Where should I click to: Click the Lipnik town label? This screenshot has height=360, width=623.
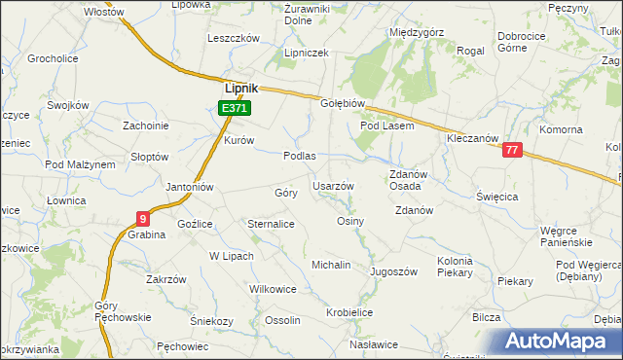tap(241, 86)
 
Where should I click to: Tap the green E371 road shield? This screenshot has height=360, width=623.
tap(237, 108)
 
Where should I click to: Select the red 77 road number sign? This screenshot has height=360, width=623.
tap(513, 151)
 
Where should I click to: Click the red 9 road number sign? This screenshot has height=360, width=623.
tap(143, 218)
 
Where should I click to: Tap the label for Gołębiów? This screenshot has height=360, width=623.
tap(342, 104)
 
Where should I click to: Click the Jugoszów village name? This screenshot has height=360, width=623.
tap(393, 271)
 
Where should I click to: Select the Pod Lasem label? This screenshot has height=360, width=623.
tap(387, 126)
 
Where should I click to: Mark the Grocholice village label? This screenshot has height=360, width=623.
tap(53, 58)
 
